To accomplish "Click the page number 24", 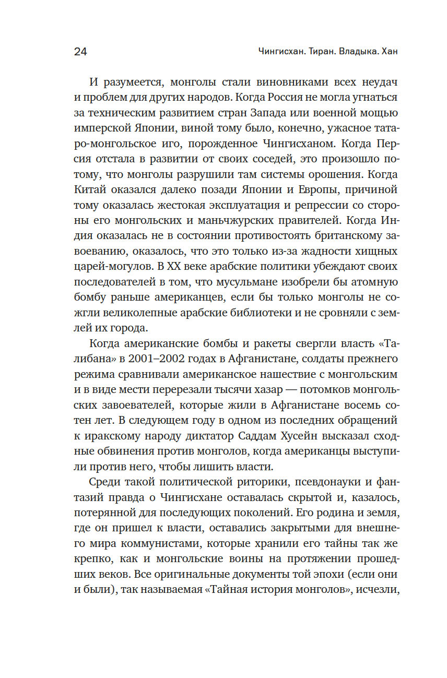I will pyautogui.click(x=80, y=52).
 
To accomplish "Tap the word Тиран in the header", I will pyautogui.click(x=321, y=52).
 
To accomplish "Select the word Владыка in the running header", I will pyautogui.click(x=359, y=52).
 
